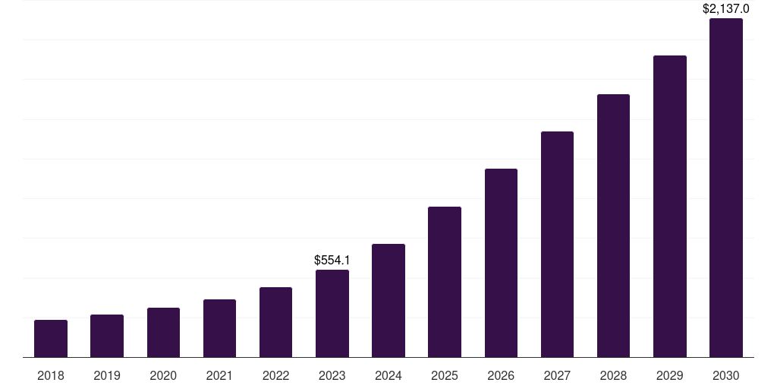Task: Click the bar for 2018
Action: coord(51,339)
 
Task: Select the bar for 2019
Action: coord(107,336)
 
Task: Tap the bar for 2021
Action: coord(219,328)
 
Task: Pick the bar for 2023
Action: coord(332,314)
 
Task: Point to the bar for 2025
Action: coord(445,282)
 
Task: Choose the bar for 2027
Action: coord(557,245)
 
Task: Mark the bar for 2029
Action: coord(670,207)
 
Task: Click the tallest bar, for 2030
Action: coord(726,188)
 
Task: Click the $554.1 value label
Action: coord(332,261)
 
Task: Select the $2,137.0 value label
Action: coord(726,9)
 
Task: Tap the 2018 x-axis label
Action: coord(51,375)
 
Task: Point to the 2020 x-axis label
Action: coord(163,375)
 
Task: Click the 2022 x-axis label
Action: coord(276,375)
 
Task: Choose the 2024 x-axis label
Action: coord(388,375)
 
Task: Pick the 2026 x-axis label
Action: coord(501,375)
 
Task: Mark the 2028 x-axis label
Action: coord(613,375)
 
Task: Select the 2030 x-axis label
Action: coord(726,375)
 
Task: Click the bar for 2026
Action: coord(501,263)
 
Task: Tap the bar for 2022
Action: coord(276,322)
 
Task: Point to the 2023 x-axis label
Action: coord(332,375)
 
